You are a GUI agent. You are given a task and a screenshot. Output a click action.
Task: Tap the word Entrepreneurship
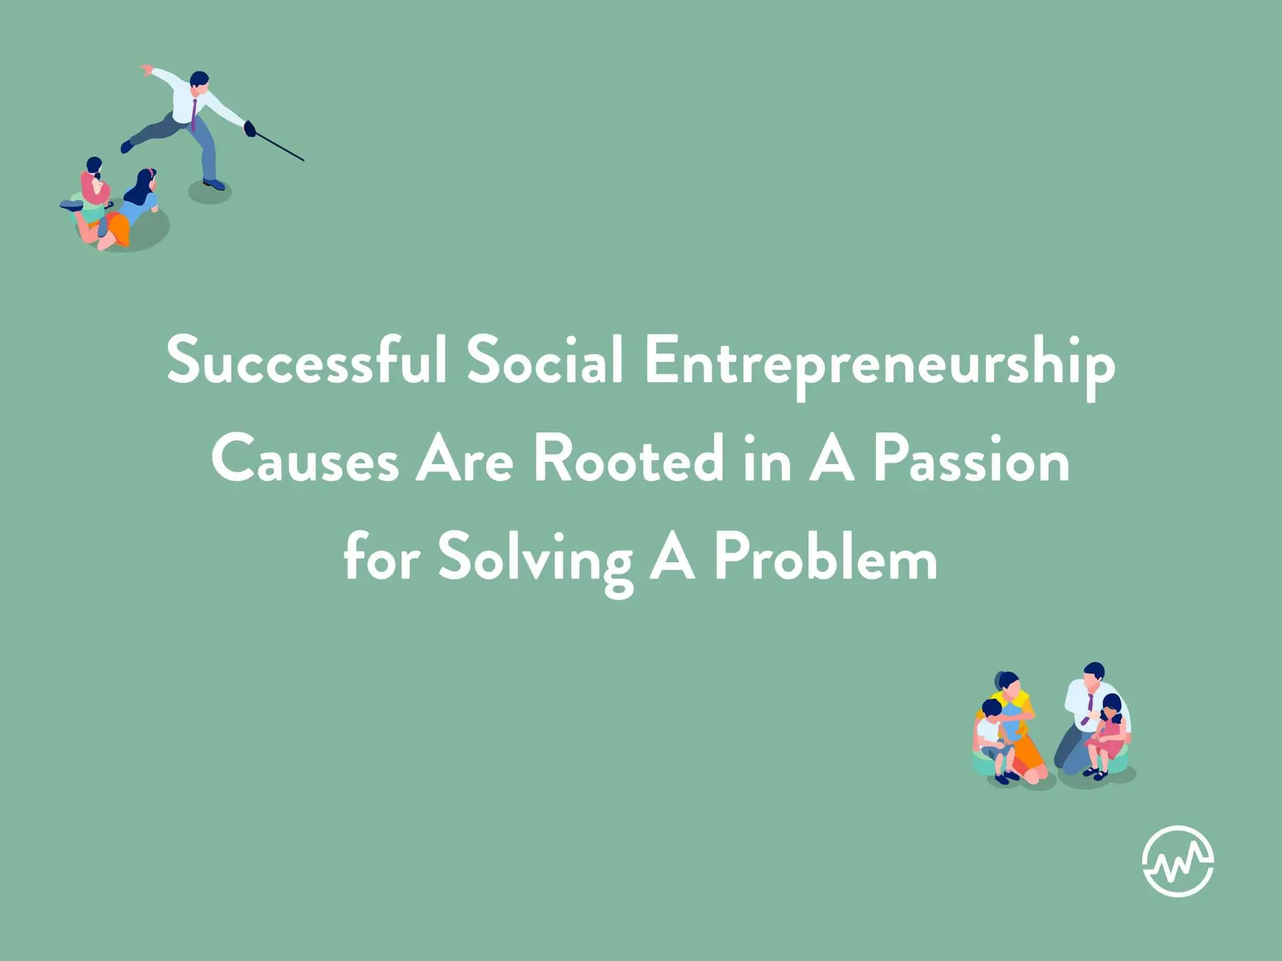tap(879, 367)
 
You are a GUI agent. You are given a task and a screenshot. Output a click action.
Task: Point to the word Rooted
tap(628, 459)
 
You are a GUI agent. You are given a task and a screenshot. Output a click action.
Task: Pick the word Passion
tap(972, 459)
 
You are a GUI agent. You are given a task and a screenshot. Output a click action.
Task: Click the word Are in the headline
tap(465, 460)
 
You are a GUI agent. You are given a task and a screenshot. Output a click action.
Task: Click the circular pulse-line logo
tap(1178, 861)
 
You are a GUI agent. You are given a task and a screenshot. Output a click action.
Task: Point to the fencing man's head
tap(199, 81)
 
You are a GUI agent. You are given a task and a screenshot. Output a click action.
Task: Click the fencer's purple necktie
tap(194, 115)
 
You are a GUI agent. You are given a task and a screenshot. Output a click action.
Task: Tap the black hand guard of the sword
tap(250, 128)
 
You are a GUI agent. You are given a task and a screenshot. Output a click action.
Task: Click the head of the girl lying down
tap(145, 182)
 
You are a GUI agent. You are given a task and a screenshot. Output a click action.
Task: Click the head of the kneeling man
tap(1094, 675)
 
